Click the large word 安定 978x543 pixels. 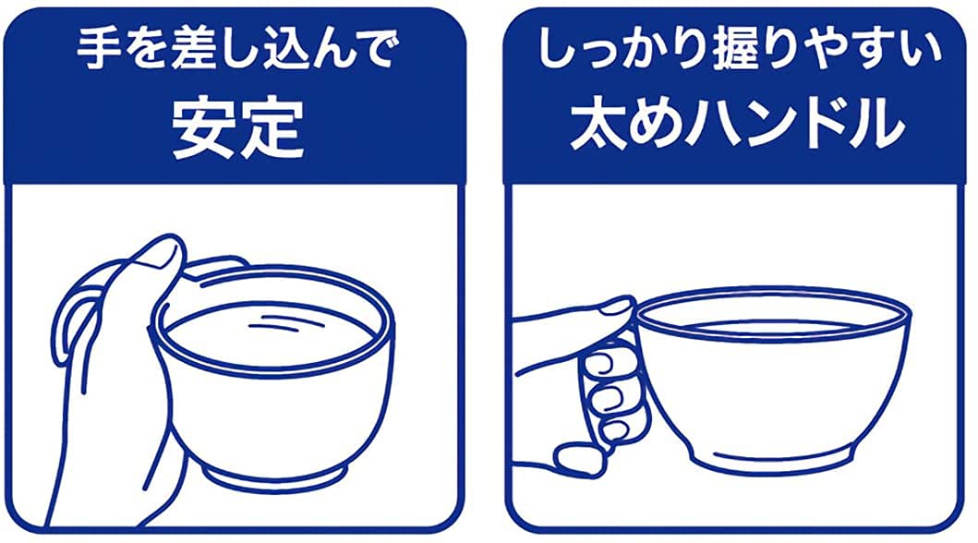pos(239,127)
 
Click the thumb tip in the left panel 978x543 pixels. pos(167,252)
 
